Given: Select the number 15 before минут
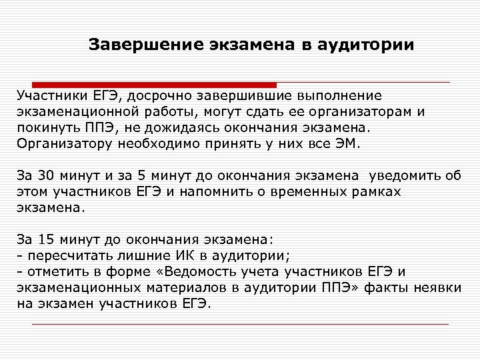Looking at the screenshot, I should (46, 240).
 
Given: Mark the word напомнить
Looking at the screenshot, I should (226, 191).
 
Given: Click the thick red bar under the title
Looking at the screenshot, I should (147, 85).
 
